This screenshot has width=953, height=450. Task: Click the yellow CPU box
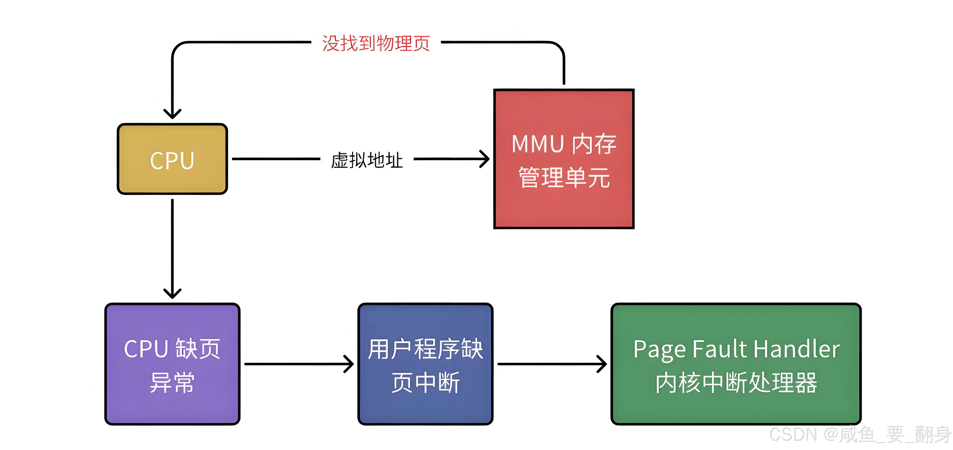click(x=172, y=159)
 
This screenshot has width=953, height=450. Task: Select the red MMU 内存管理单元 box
click(x=564, y=159)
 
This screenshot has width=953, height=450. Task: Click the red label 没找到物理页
click(x=376, y=43)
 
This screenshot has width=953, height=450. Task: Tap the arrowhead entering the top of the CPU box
click(x=172, y=114)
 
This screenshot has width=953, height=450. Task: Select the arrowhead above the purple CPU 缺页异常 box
click(x=172, y=294)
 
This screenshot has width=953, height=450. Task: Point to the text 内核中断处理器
click(x=736, y=383)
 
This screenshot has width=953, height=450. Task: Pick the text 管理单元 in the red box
click(x=564, y=177)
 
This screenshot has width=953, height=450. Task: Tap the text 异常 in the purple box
click(x=172, y=383)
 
